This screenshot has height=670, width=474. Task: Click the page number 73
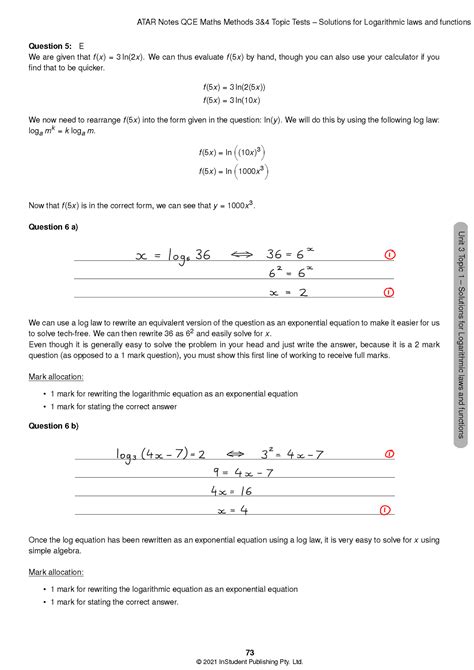236,653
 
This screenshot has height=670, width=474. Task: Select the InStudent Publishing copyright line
236,662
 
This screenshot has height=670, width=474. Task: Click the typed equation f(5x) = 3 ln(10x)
236,100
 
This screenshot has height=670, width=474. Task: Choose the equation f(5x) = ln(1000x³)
236,172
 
